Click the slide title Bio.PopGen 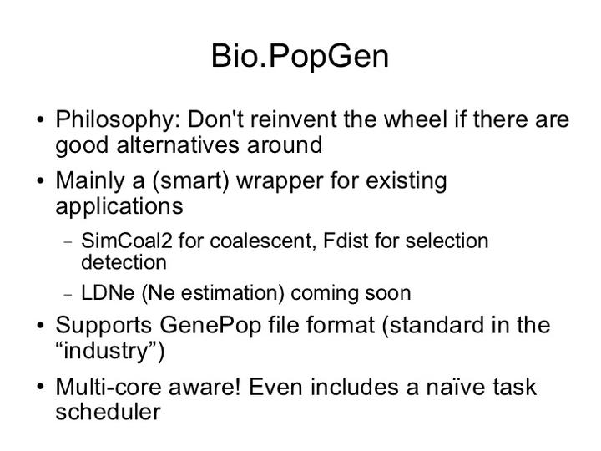pos(300,56)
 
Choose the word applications pos(119,205)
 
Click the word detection pos(124,262)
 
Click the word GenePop pos(208,325)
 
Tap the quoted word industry pos(109,350)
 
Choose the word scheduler pos(108,412)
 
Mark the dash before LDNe pos(69,294)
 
